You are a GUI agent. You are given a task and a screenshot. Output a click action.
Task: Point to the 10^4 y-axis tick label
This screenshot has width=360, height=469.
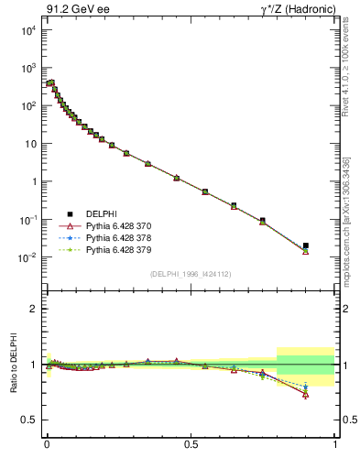point(28,30)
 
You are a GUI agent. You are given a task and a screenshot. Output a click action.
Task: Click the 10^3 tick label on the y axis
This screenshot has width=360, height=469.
point(28,69)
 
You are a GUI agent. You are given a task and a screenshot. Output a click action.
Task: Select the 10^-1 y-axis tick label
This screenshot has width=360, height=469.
point(28,220)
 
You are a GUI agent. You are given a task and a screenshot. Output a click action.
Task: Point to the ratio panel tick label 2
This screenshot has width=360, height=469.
point(34,309)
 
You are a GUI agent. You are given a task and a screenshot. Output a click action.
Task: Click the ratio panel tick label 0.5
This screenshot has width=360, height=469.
point(30,420)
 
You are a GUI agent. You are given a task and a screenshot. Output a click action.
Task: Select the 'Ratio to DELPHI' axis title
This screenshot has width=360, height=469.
point(12,365)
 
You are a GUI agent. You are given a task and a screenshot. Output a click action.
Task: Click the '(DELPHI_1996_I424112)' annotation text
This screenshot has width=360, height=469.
point(191,274)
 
